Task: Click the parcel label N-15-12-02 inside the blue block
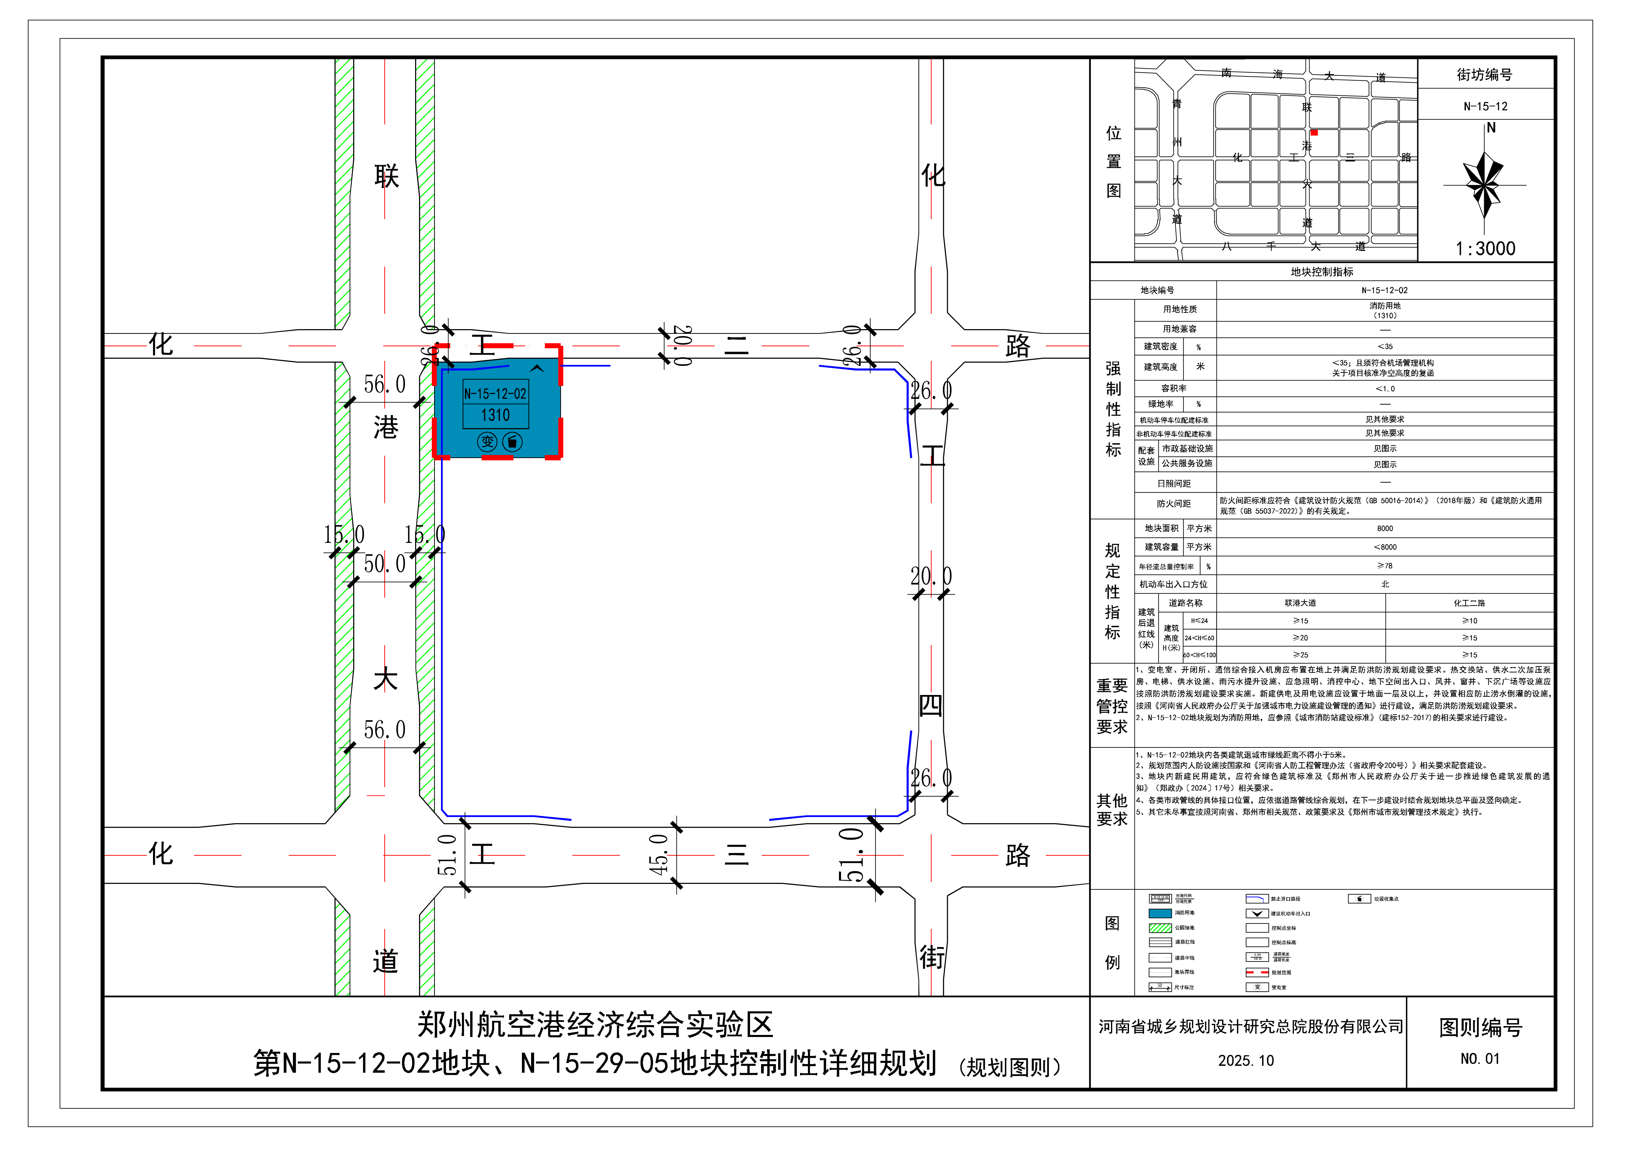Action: point(495,394)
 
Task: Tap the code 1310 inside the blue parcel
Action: point(495,415)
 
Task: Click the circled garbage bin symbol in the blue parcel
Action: point(512,442)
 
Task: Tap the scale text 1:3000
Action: point(1485,249)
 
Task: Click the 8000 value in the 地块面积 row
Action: point(1385,528)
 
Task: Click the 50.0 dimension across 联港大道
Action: point(385,565)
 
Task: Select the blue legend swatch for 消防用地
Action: point(1160,913)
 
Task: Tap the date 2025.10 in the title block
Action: point(1246,1061)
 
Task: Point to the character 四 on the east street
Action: point(930,706)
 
